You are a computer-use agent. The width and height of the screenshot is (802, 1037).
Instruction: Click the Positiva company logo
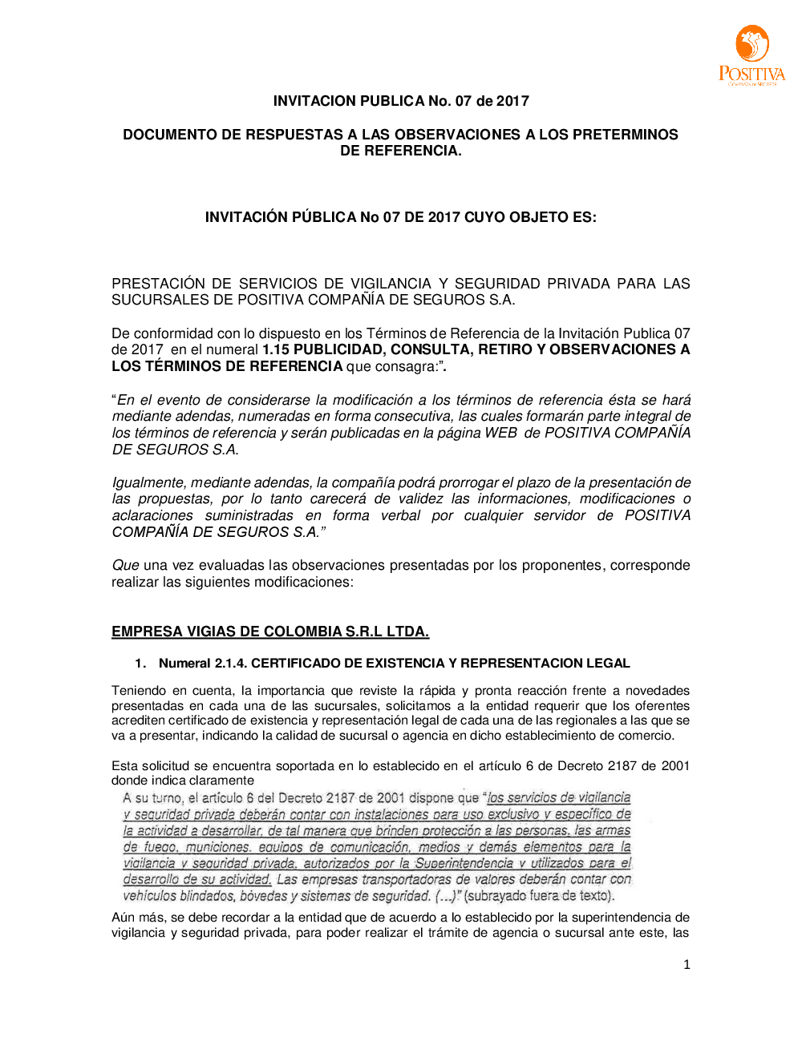[x=751, y=54]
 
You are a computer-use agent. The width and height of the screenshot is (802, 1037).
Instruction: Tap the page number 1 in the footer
[x=687, y=965]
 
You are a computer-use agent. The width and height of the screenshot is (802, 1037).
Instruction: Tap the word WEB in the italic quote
[x=500, y=433]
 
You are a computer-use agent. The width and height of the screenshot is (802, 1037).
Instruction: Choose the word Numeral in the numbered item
[x=184, y=663]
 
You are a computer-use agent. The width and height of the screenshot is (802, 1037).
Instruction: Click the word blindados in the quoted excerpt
[x=208, y=896]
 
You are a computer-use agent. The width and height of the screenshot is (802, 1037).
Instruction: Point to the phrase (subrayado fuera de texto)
[x=539, y=896]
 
